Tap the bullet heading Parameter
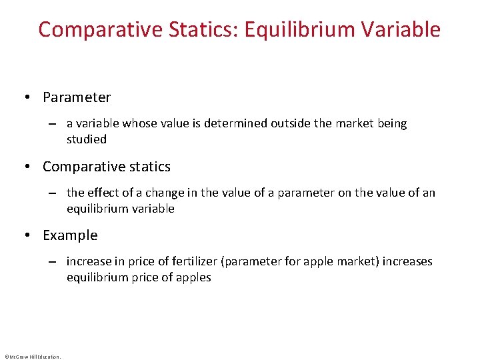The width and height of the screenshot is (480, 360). tap(77, 97)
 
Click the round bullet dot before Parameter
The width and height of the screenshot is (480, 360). tap(27, 97)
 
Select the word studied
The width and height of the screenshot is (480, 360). tap(87, 139)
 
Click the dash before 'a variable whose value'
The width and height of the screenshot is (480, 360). tap(51, 124)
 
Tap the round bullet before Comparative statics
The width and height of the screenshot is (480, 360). tap(27, 167)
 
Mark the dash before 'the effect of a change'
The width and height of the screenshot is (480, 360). tap(51, 193)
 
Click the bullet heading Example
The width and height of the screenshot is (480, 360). tap(70, 235)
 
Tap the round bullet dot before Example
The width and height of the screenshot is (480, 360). tap(27, 235)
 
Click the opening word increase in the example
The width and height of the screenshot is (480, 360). tap(88, 261)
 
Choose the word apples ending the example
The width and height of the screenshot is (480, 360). tap(193, 277)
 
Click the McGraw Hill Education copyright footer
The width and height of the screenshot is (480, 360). tap(32, 357)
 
